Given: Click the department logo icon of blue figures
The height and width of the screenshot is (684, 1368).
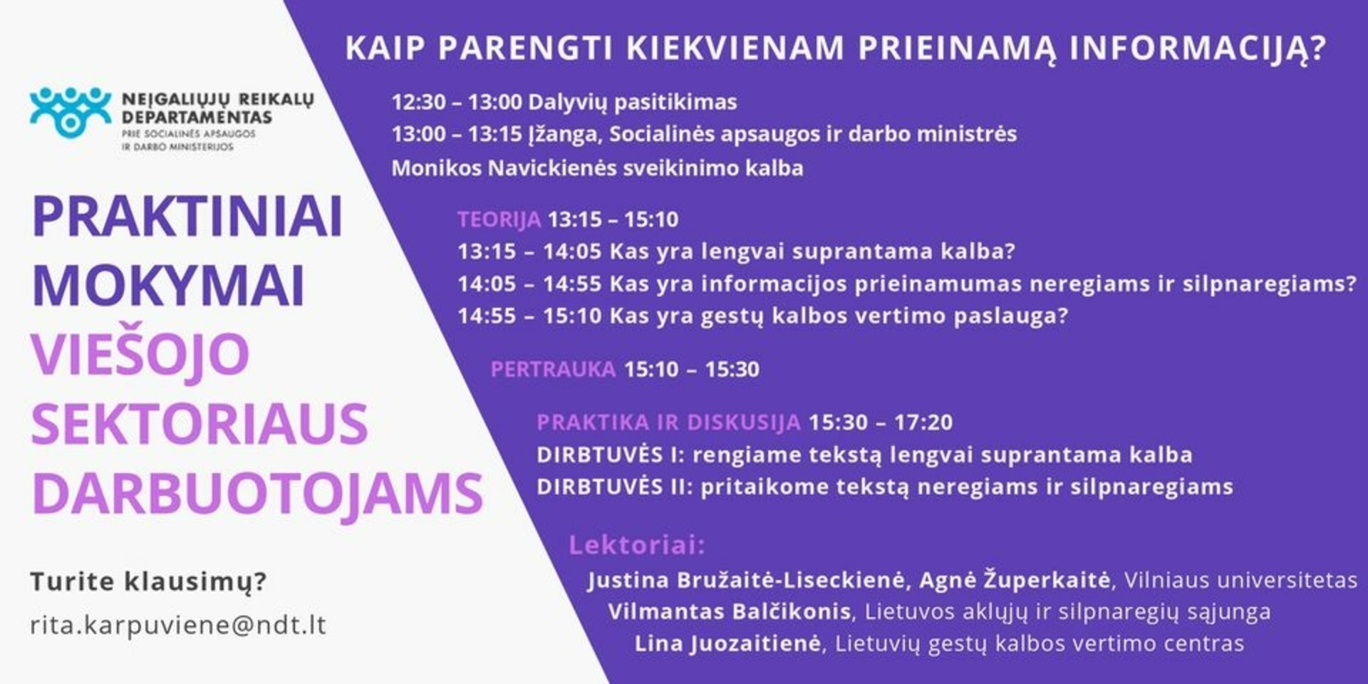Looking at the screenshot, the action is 71,112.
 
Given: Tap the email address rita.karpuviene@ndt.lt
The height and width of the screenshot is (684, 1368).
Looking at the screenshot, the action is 178,625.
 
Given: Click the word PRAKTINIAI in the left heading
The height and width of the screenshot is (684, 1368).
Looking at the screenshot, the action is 187,217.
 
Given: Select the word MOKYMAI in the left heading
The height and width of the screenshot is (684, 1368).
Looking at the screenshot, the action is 168,286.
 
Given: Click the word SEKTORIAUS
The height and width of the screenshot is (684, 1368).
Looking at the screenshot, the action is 199,424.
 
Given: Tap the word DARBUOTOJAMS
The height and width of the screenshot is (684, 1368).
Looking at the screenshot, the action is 257,494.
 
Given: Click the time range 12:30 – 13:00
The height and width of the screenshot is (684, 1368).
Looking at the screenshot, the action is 457,102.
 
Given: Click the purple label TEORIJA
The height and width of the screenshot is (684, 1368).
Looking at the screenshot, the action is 499,219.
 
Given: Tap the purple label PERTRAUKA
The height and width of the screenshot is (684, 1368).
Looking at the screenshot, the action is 553,369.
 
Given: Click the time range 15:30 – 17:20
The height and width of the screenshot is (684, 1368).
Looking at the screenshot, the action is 880,423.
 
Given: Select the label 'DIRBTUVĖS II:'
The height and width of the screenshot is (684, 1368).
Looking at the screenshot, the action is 615,487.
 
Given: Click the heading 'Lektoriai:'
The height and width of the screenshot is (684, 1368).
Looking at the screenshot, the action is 636,545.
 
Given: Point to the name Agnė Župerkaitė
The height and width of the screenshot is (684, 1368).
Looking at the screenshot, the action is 1015,580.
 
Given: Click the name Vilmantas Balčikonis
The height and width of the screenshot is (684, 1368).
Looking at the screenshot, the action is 730,611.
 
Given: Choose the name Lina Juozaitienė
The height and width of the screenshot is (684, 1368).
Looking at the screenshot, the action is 727,644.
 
